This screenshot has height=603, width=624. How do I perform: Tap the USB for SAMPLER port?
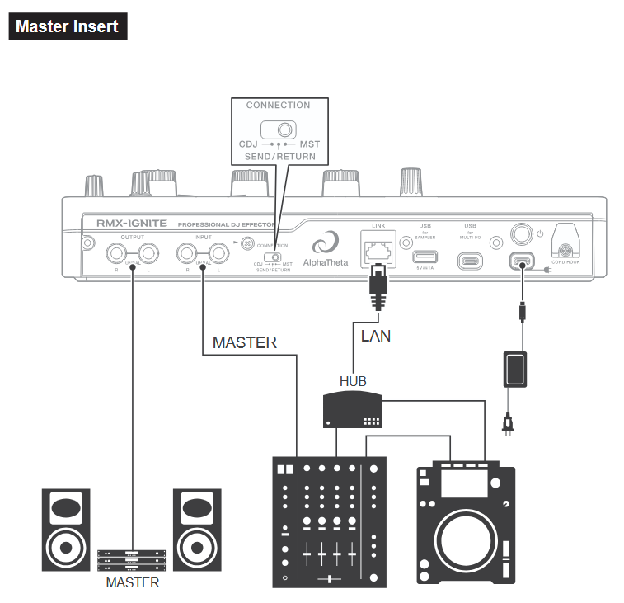tap(425, 257)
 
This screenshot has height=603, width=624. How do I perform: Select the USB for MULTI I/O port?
tap(470, 261)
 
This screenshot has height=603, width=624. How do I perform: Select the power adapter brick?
tap(517, 369)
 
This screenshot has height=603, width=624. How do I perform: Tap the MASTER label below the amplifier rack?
tap(132, 582)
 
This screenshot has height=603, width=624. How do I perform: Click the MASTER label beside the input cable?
tap(244, 342)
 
